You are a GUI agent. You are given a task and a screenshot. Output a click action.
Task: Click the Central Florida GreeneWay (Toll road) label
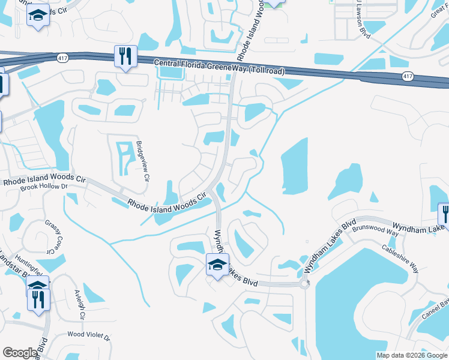click(219, 67)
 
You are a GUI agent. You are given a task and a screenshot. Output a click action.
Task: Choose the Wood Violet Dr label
click(89, 335)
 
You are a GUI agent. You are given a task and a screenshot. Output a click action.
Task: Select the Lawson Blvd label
click(363, 18)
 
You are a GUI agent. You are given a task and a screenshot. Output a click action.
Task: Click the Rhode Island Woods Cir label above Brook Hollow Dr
click(44, 179)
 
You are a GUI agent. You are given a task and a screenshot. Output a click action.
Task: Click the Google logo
click(19, 353)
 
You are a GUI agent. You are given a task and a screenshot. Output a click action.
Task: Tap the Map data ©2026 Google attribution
click(412, 355)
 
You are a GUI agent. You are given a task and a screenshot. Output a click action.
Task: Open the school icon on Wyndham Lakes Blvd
click(218, 265)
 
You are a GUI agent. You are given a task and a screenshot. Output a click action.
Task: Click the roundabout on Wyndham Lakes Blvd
click(304, 284)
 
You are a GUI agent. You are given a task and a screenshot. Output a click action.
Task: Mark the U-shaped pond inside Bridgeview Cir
click(124, 157)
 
